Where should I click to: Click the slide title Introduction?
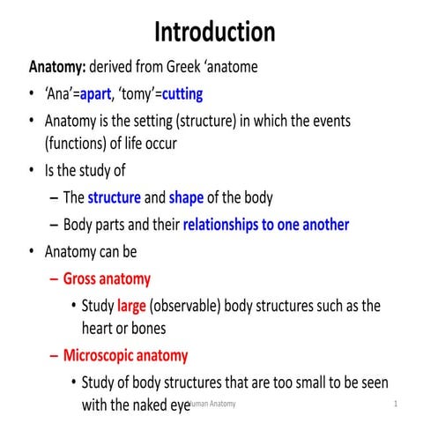215,33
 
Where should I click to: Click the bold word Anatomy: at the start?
57,67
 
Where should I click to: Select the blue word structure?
114,197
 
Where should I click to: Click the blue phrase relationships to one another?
266,225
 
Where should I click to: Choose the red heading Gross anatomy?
107,279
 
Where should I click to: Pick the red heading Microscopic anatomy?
125,356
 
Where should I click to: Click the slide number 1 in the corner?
397,404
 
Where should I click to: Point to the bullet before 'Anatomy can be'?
33,252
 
